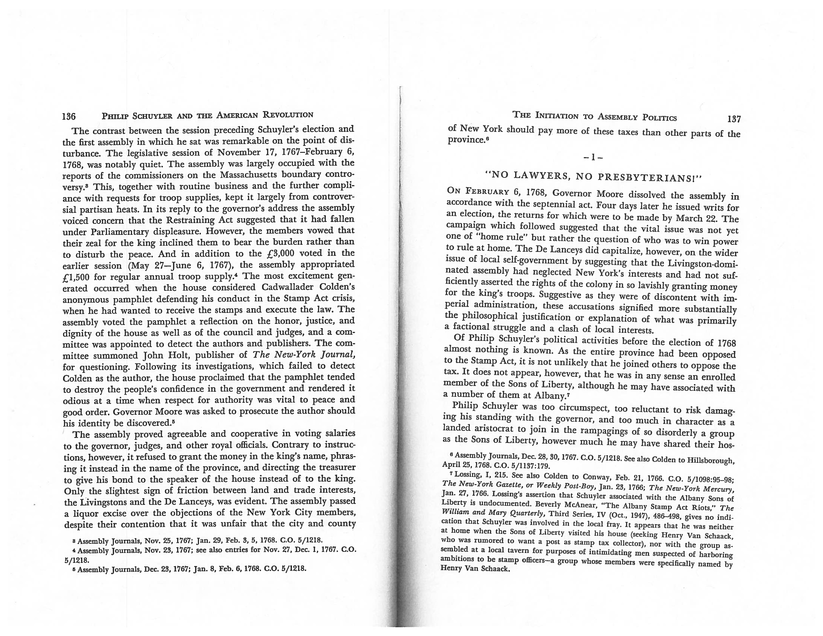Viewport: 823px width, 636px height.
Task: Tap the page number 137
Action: point(734,119)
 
